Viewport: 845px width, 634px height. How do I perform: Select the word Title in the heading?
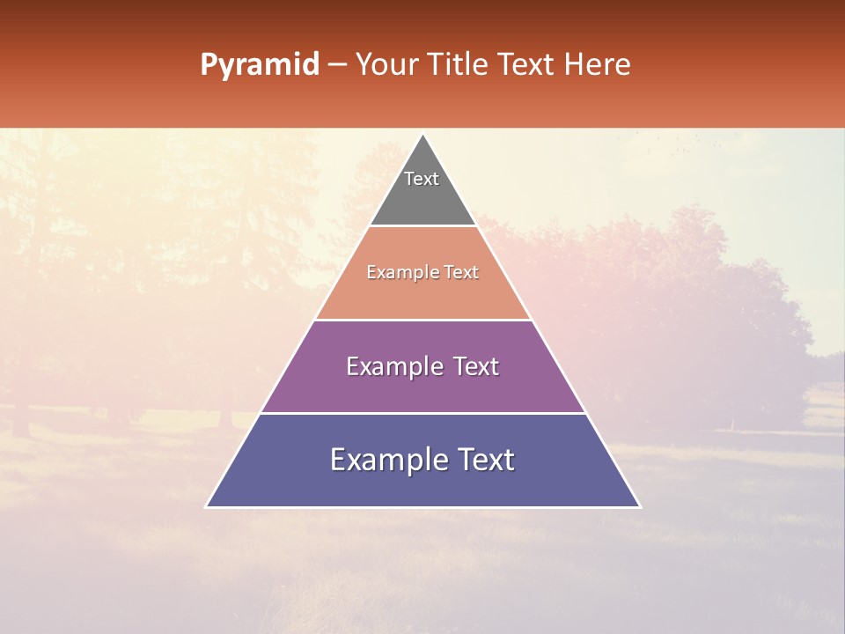459,65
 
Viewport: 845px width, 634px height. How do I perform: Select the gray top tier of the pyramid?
422,198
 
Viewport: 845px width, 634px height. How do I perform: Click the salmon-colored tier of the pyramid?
422,295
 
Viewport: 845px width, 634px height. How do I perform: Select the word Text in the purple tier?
474,366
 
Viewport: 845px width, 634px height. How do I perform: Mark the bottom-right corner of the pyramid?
639,506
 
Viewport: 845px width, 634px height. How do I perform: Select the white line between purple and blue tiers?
422,413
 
